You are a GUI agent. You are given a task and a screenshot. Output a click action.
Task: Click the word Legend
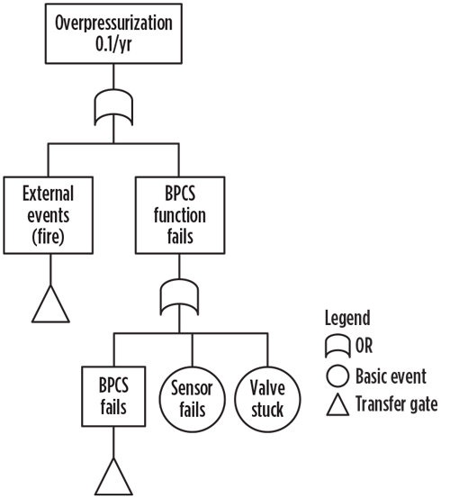(x=347, y=318)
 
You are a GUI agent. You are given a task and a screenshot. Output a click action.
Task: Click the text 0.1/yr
(x=113, y=45)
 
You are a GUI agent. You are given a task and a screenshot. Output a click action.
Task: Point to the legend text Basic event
(x=391, y=376)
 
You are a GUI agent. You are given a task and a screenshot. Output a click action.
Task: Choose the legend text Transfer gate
(x=397, y=404)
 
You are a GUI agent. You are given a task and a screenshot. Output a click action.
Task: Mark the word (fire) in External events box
(x=49, y=237)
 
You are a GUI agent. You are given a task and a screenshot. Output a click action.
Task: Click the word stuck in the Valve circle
(x=267, y=410)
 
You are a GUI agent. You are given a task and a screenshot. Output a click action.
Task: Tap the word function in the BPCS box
(x=180, y=215)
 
